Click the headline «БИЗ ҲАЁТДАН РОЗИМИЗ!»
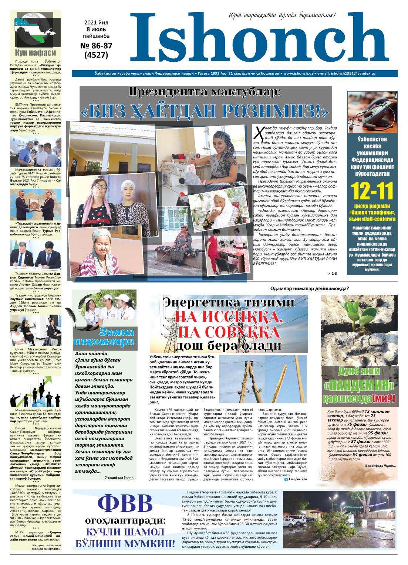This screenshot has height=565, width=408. [x=204, y=111]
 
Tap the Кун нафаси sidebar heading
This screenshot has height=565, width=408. [x=36, y=52]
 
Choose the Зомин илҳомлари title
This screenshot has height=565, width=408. [x=105, y=337]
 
